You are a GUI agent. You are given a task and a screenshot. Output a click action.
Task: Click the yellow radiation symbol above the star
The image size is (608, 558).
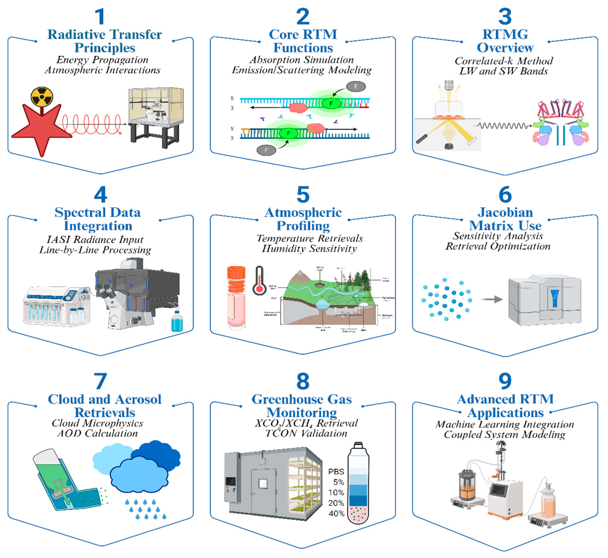pos(42,97)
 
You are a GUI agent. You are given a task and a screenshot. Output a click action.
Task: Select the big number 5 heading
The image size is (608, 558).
pos(303,195)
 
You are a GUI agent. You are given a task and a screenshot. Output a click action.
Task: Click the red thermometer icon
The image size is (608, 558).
pos(259,281)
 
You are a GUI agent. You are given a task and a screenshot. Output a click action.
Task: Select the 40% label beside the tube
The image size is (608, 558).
pos(336,514)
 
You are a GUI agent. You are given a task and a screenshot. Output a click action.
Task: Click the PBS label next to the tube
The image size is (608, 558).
pos(336,472)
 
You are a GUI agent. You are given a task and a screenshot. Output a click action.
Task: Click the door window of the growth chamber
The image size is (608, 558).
pos(263,484)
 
